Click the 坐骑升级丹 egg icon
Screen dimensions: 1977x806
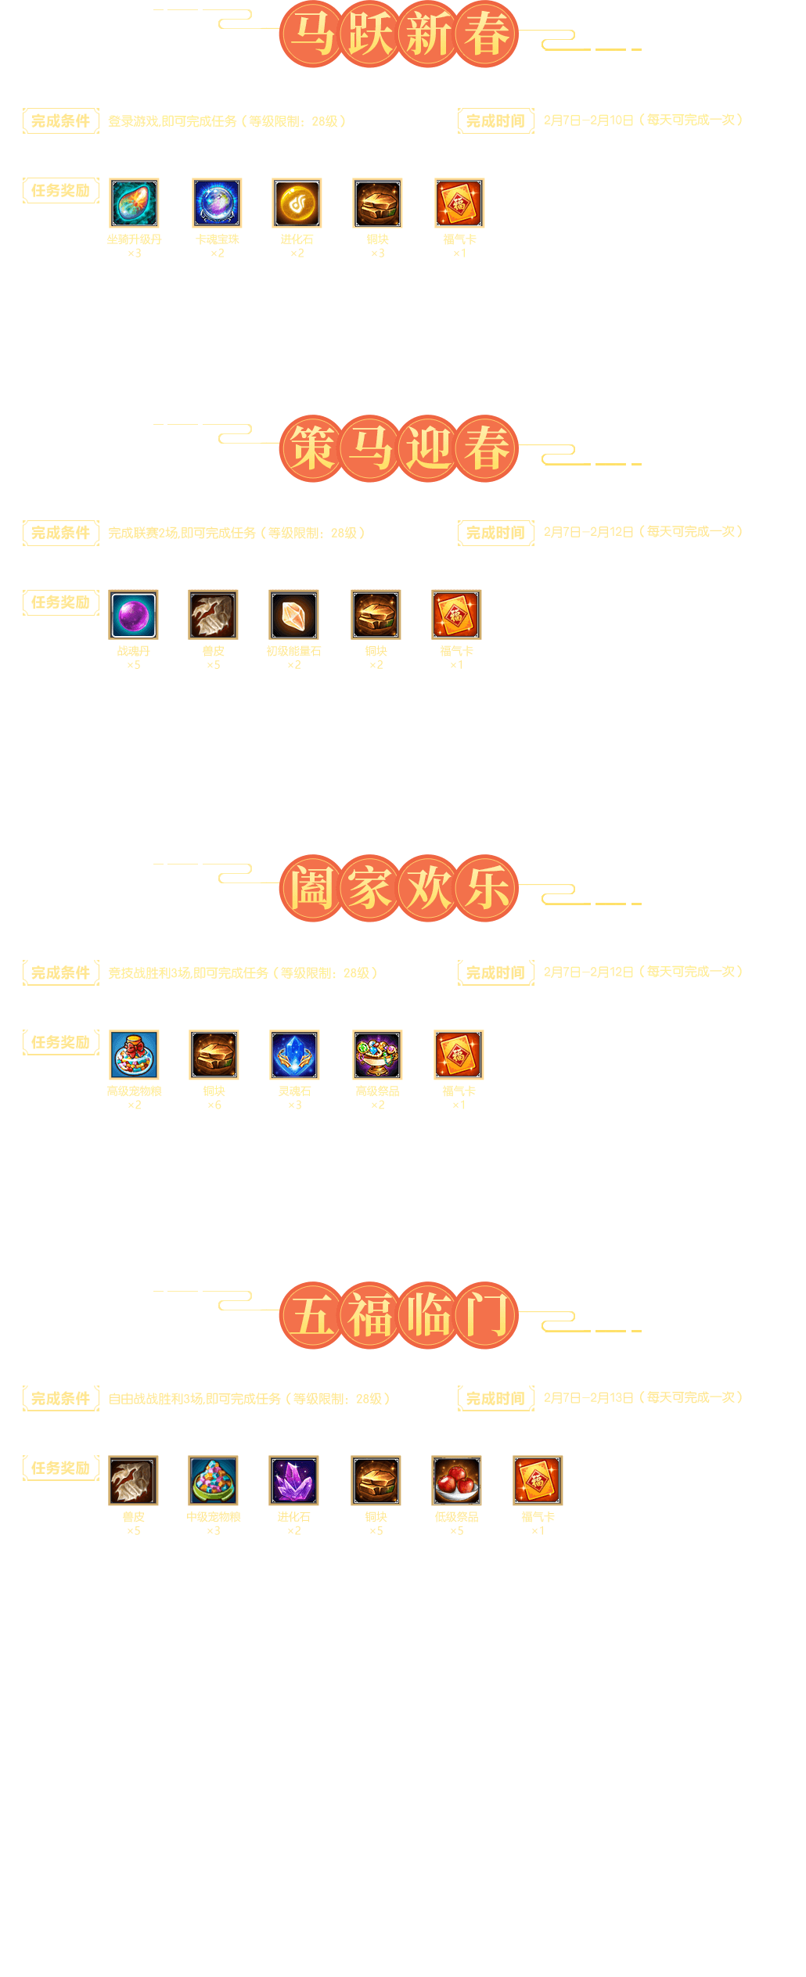click(134, 203)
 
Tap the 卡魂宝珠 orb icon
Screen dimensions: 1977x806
click(217, 203)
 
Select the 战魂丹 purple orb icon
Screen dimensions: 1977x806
click(133, 614)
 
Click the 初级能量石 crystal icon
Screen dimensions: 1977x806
click(293, 614)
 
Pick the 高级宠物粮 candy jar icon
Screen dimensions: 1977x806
click(134, 1055)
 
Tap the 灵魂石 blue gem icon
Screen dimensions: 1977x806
click(294, 1055)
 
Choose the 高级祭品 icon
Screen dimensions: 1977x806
click(377, 1055)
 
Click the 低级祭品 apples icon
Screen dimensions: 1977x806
click(456, 1480)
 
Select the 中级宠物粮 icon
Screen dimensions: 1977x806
click(213, 1480)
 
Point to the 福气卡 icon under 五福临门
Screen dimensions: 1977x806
click(538, 1480)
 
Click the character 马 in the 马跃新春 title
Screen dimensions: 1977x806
click(311, 34)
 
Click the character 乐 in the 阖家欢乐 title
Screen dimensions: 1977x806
click(487, 888)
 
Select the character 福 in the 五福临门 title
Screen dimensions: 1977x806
click(370, 1315)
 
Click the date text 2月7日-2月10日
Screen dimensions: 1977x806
click(588, 120)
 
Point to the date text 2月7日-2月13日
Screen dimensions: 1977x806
click(588, 1398)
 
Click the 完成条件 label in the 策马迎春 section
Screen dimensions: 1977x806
click(61, 533)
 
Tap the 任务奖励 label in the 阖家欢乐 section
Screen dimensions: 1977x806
click(61, 1042)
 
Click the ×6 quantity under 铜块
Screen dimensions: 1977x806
click(214, 1105)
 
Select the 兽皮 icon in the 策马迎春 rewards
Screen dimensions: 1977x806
click(213, 614)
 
